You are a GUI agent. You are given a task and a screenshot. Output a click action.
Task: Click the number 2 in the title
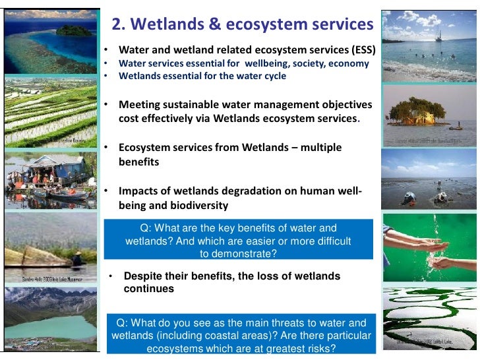point(116,24)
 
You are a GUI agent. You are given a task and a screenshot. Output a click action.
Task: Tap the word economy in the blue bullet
point(349,64)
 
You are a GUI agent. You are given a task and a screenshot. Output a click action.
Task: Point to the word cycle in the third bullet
point(273,76)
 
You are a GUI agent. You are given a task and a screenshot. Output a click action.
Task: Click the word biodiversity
point(198,206)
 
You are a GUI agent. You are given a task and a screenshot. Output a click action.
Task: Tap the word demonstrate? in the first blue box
point(238,253)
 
